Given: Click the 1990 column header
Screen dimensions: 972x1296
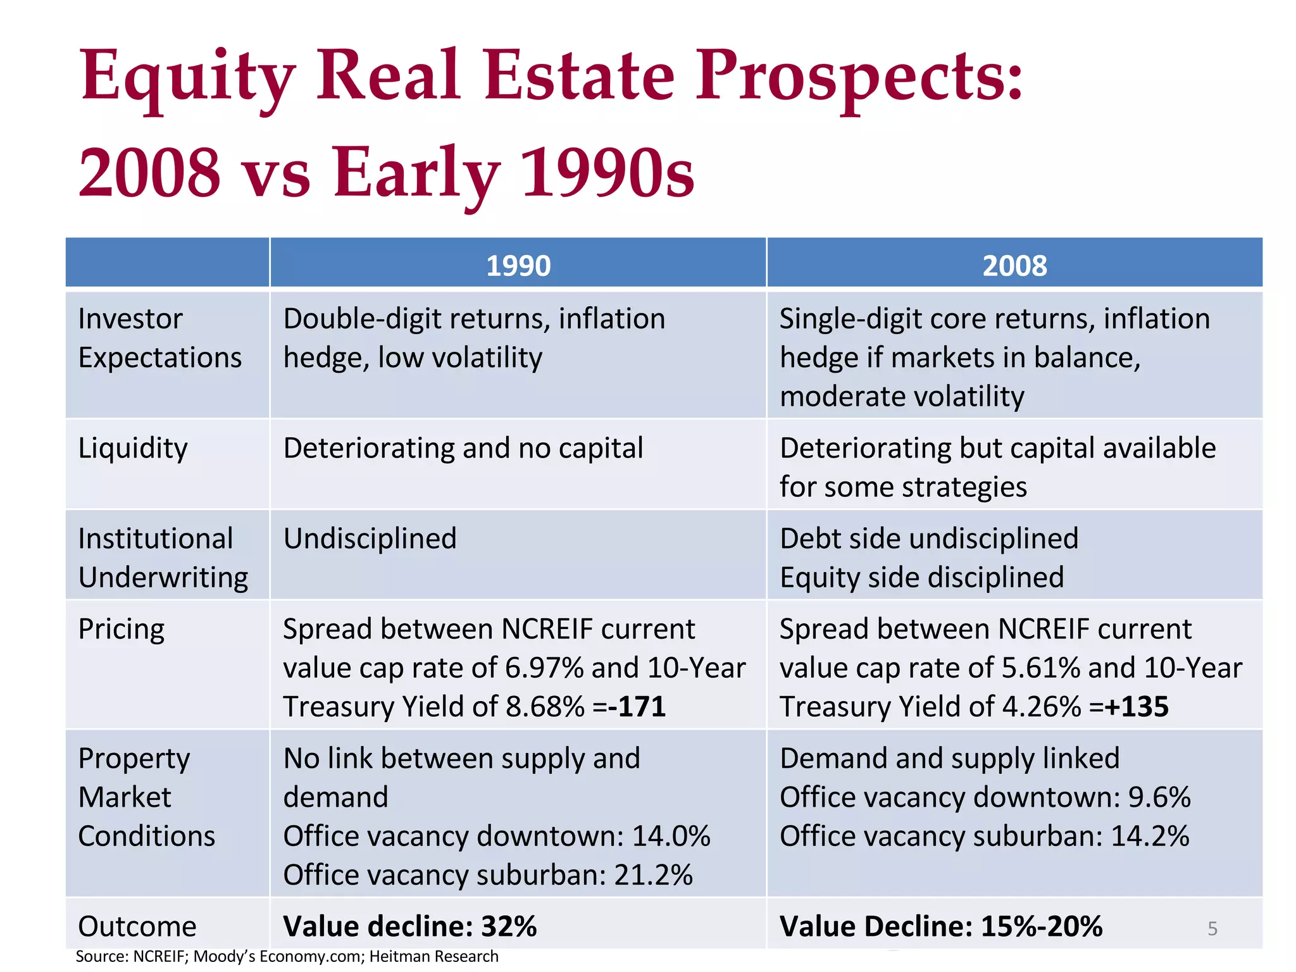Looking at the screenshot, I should tap(518, 266).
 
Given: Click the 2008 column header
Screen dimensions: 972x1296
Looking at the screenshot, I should tap(1014, 266).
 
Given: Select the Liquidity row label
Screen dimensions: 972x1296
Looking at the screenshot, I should tap(133, 449).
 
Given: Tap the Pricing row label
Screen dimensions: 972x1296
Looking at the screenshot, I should tap(121, 630).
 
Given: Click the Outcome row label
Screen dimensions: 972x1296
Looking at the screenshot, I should tap(137, 926).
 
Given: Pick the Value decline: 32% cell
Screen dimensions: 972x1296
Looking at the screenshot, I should tap(410, 926).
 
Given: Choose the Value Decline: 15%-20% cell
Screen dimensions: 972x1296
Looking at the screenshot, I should tap(941, 926).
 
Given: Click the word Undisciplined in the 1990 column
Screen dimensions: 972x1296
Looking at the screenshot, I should tap(370, 539).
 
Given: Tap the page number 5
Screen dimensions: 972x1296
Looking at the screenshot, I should tap(1212, 929).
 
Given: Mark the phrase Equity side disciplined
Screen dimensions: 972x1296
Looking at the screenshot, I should tap(921, 578).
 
